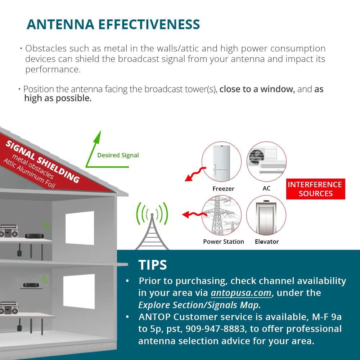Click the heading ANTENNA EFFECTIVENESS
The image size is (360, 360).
(x=113, y=24)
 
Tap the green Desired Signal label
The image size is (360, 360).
(x=118, y=155)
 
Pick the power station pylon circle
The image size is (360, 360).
(x=221, y=215)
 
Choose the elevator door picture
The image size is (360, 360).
(x=266, y=215)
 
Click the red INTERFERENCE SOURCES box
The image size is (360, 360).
(x=315, y=189)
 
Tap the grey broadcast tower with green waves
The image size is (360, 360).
(x=152, y=227)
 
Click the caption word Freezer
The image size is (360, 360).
(x=223, y=189)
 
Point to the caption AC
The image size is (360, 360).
(x=266, y=188)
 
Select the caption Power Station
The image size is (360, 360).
(x=223, y=242)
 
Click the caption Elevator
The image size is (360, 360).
(x=267, y=242)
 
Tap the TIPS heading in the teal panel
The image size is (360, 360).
(x=153, y=265)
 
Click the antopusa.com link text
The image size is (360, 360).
(x=241, y=293)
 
